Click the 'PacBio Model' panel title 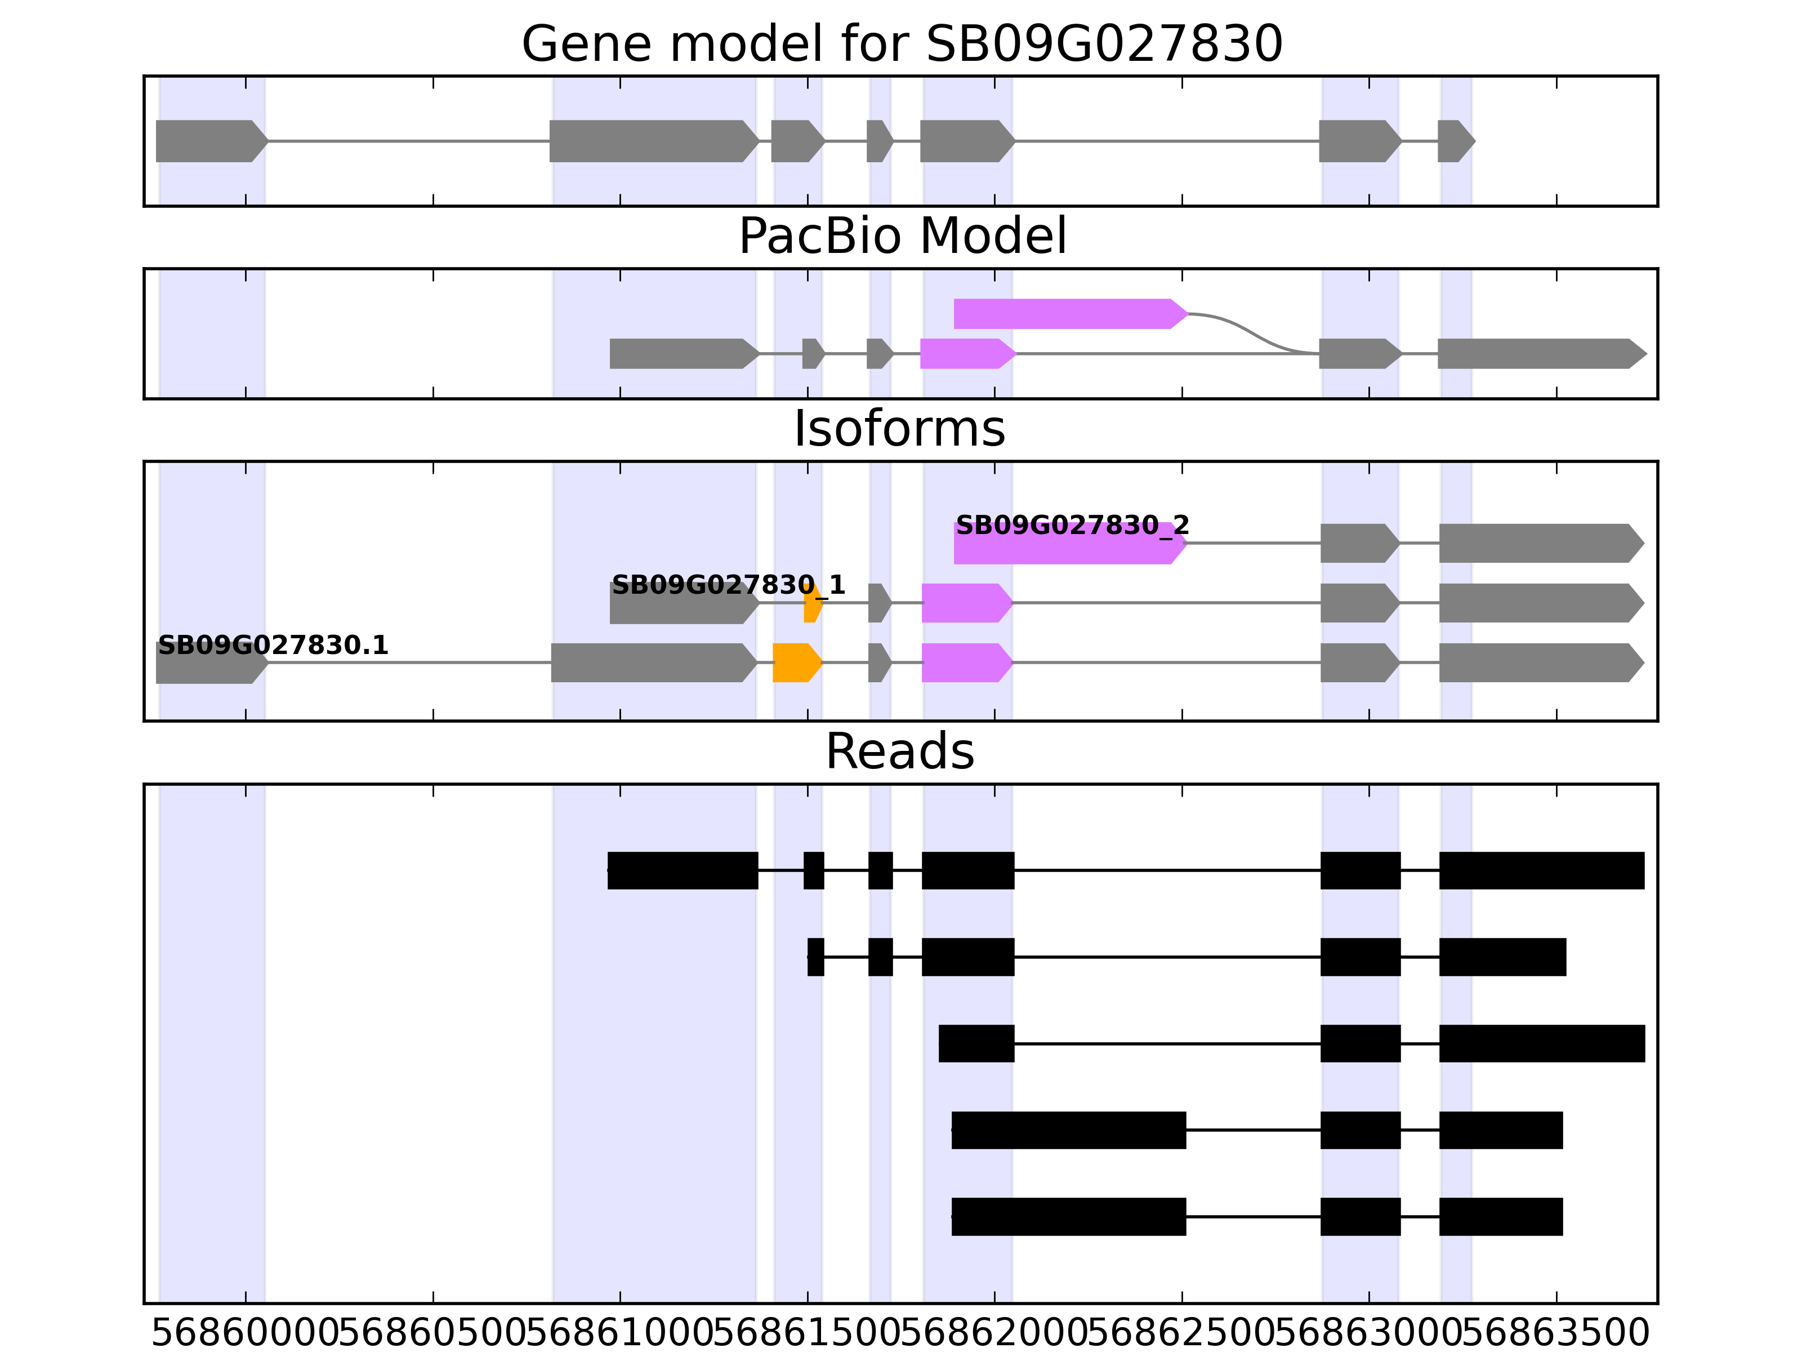[901, 237]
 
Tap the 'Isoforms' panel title [899, 429]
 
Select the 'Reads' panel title [899, 751]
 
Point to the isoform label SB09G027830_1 [728, 585]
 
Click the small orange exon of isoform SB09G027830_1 [812, 604]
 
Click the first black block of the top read [683, 870]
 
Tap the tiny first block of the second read [815, 957]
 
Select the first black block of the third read [976, 1043]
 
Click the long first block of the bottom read [1068, 1217]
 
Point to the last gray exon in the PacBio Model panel [1540, 354]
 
